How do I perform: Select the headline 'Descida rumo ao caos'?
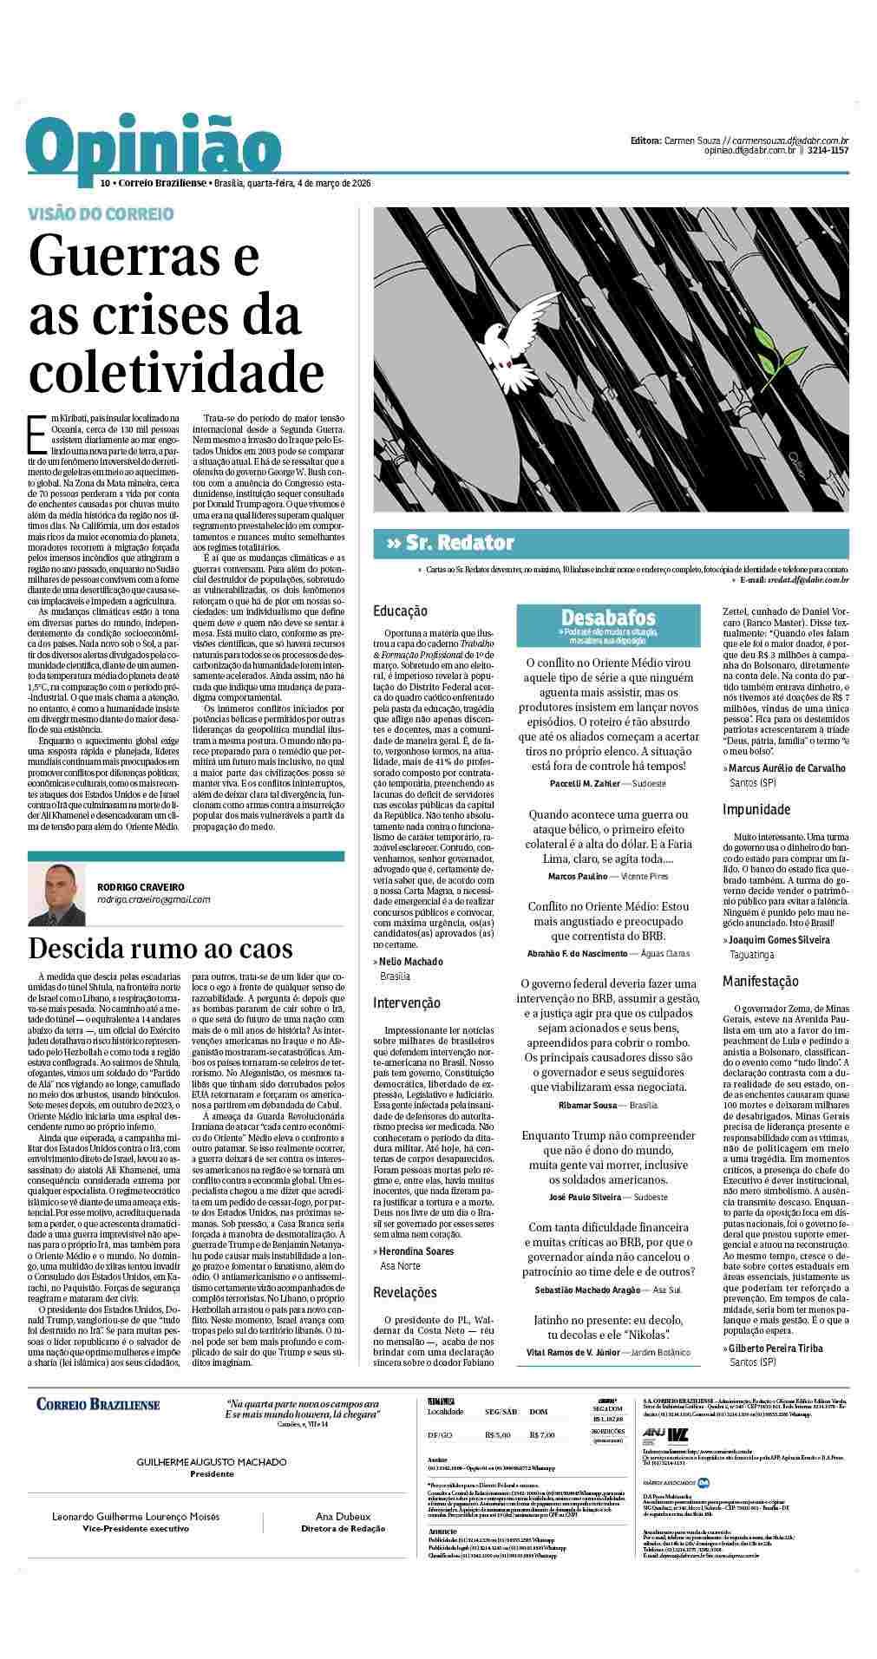[160, 948]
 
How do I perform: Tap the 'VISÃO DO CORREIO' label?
[101, 213]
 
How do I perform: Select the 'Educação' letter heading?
[400, 611]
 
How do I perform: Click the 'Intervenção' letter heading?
[406, 1003]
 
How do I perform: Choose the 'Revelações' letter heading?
[404, 1292]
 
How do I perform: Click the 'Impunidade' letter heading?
[756, 809]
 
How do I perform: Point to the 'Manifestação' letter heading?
[761, 981]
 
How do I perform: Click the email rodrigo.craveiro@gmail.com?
[154, 899]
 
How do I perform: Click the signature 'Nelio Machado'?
[410, 961]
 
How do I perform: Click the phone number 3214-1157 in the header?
[829, 151]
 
